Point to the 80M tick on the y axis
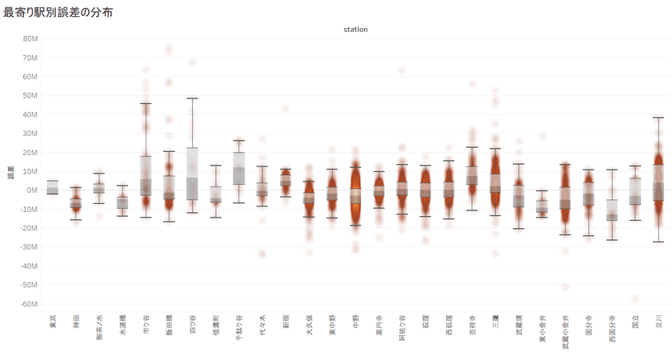click(x=32, y=38)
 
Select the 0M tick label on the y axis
click(x=34, y=190)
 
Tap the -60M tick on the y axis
click(x=30, y=304)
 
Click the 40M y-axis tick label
click(x=32, y=114)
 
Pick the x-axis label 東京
click(x=53, y=326)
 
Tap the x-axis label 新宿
click(x=286, y=326)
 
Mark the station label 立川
click(x=658, y=326)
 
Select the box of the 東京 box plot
click(x=53, y=187)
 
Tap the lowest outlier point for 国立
click(x=634, y=298)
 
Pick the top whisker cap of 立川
click(x=658, y=118)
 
